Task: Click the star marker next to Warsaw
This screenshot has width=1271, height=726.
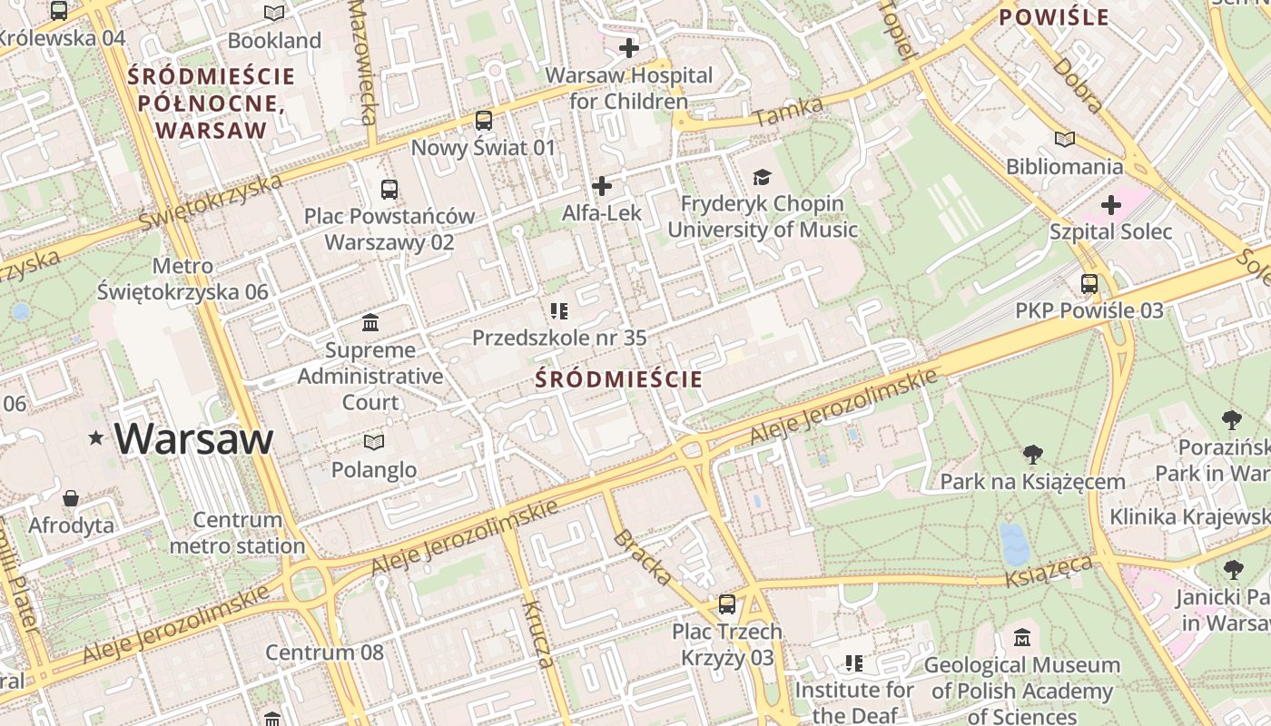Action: tap(96, 439)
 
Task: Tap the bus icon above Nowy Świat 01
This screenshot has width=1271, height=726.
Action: tap(484, 120)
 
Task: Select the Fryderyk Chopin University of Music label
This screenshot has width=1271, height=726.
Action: tap(763, 217)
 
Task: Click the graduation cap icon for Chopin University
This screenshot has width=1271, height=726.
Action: tap(762, 177)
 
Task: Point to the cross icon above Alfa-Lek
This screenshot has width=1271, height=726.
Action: tap(601, 186)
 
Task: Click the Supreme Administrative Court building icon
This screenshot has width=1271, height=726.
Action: tap(370, 323)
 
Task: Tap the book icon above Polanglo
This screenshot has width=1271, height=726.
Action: tap(373, 442)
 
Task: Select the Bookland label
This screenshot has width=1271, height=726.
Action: tap(274, 40)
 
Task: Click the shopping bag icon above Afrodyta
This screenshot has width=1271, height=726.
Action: tap(71, 498)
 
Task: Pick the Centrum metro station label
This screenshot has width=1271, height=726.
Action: tap(237, 533)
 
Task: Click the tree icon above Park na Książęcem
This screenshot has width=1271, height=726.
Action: tap(1032, 454)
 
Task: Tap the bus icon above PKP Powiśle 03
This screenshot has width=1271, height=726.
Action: tap(1089, 284)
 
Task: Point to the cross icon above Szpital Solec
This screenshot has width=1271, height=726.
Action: tap(1110, 205)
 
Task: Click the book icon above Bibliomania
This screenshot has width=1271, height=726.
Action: tap(1064, 140)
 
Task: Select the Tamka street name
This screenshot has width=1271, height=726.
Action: tap(788, 113)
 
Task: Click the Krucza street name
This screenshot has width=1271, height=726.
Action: tap(537, 633)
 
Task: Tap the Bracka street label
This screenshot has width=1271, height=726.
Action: tap(643, 556)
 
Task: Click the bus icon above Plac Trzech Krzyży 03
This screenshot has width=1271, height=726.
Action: tap(726, 603)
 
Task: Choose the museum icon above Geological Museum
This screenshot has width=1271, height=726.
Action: tap(1022, 637)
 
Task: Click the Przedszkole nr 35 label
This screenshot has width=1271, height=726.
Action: tap(559, 338)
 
